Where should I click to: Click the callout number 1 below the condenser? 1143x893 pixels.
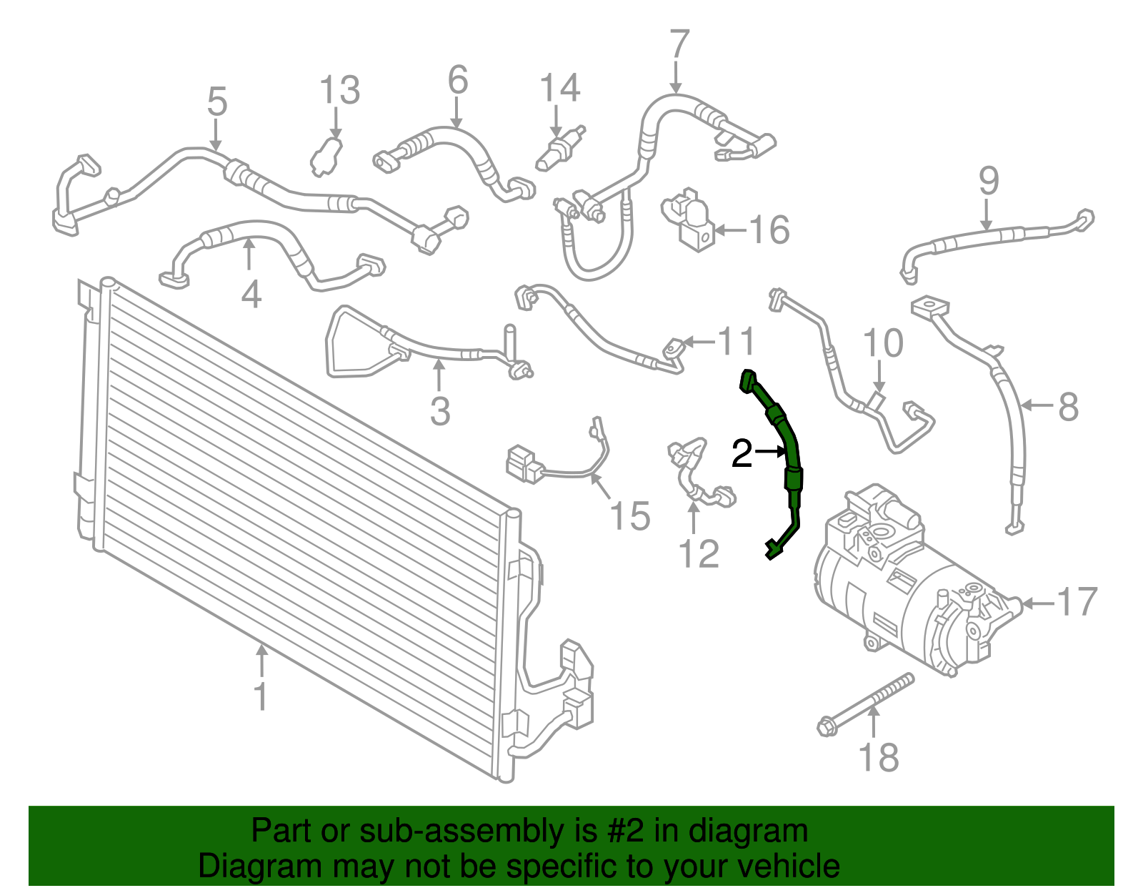(x=260, y=696)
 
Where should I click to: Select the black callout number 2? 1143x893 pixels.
(x=742, y=453)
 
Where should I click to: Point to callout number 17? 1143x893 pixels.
(x=1077, y=601)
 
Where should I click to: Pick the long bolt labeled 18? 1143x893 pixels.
(x=864, y=704)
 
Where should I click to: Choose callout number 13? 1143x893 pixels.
(x=340, y=90)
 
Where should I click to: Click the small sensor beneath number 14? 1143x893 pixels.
(x=561, y=147)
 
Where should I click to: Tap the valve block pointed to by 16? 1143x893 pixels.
(x=689, y=218)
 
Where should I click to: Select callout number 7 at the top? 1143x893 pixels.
(x=679, y=44)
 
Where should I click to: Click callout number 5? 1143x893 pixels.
(x=217, y=102)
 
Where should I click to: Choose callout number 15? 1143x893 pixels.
(x=629, y=515)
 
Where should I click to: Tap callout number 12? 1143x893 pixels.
(x=699, y=553)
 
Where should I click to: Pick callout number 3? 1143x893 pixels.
(x=440, y=411)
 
